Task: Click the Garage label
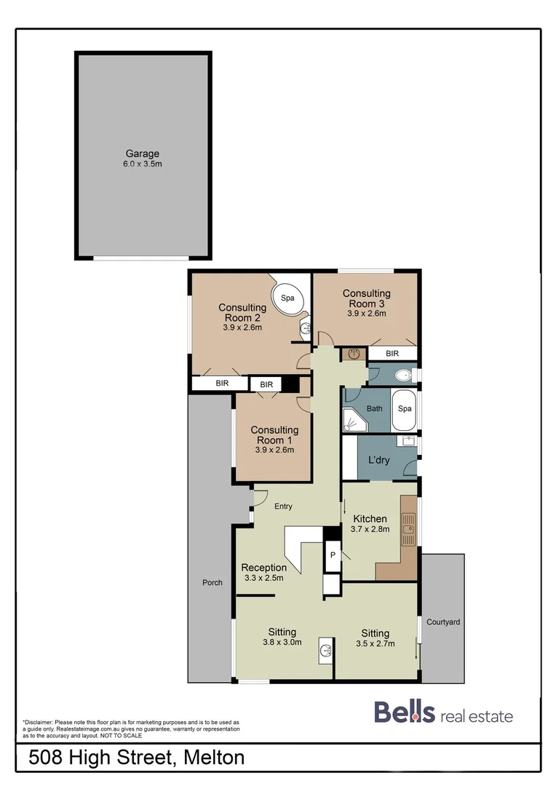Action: pos(143,154)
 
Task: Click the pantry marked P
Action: pos(332,555)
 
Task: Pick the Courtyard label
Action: pos(443,622)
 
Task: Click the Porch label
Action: pos(213,582)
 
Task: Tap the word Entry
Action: pos(283,507)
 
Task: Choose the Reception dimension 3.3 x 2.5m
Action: pos(263,578)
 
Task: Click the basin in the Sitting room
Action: pos(325,651)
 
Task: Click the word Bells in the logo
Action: pos(405,712)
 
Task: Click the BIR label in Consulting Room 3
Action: pos(392,354)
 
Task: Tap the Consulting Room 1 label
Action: pos(274,435)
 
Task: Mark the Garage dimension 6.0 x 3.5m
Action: pos(143,164)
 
